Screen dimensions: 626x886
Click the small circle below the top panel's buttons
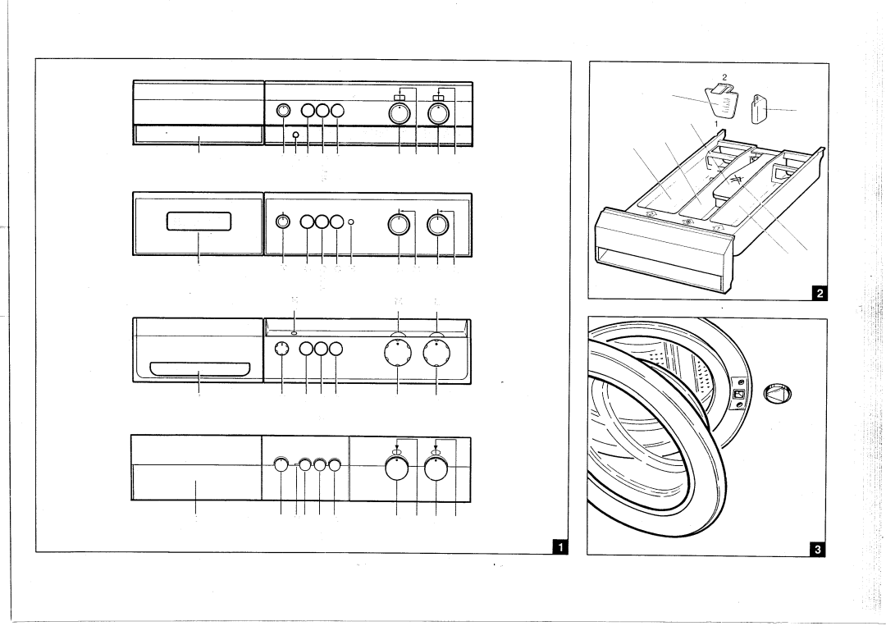click(x=295, y=135)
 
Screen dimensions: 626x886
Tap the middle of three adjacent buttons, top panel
click(x=322, y=112)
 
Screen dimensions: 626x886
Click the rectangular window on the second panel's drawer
click(x=201, y=221)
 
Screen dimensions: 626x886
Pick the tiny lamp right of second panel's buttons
click(x=351, y=222)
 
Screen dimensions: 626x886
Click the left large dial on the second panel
click(x=399, y=223)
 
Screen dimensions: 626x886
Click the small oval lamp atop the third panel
click(x=294, y=334)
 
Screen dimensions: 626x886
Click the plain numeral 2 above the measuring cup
click(x=724, y=76)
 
